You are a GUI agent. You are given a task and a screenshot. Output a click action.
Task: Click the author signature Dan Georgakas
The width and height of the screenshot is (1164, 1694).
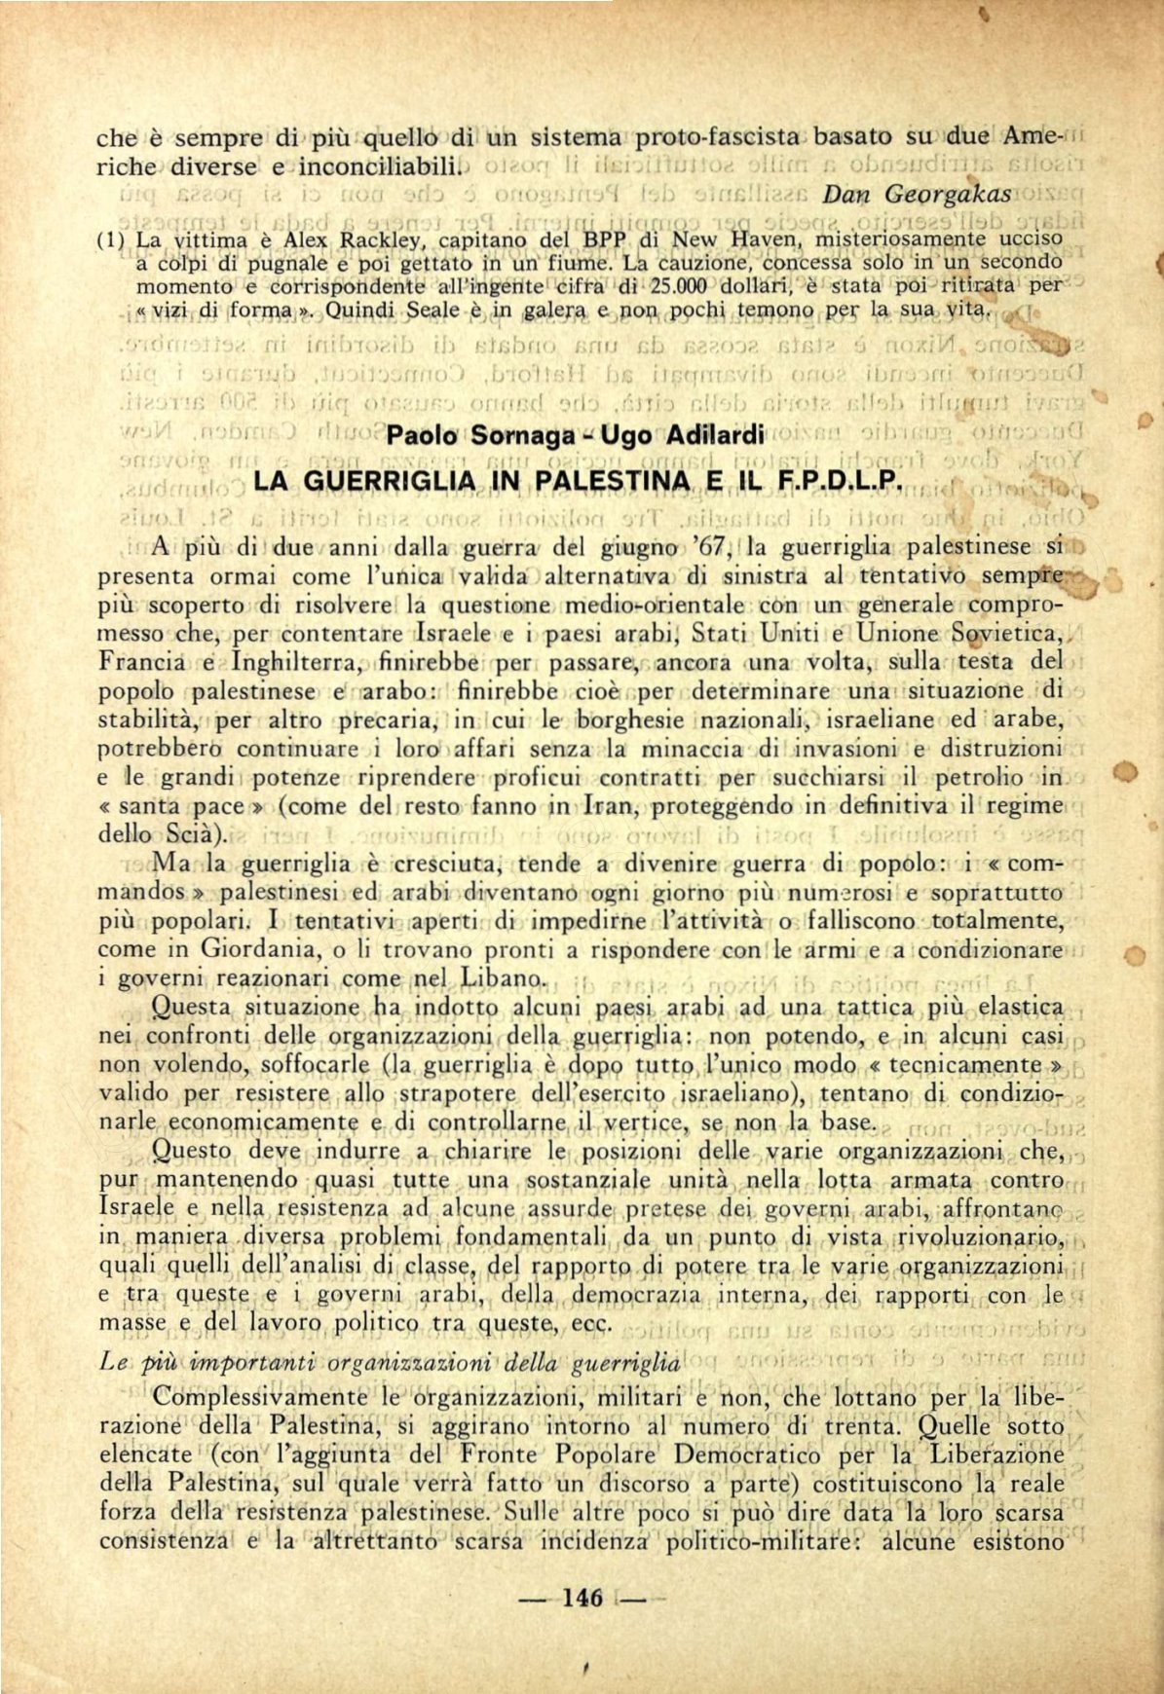tap(917, 194)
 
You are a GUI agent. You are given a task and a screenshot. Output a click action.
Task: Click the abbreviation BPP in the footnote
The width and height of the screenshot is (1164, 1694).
tap(604, 239)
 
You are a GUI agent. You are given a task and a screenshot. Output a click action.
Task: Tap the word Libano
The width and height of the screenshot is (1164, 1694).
tap(502, 977)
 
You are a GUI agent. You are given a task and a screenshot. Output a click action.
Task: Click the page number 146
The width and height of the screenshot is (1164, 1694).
tap(583, 1598)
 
